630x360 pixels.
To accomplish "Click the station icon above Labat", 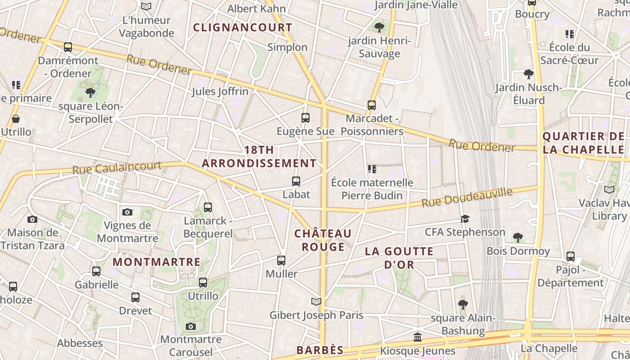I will click(x=296, y=181).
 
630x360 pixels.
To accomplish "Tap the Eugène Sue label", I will click(x=306, y=131).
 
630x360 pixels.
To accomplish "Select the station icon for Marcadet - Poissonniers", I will click(x=372, y=105).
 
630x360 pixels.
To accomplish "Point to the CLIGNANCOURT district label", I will click(x=243, y=27).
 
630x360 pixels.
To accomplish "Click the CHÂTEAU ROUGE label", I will click(x=323, y=240).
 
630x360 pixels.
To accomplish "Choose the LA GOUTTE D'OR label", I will click(x=399, y=258).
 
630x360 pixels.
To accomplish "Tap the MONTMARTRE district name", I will click(x=157, y=262).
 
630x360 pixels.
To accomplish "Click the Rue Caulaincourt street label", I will click(x=117, y=168).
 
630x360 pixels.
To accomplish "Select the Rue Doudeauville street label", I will click(x=467, y=198).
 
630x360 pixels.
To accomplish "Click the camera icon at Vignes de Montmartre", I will click(x=127, y=212).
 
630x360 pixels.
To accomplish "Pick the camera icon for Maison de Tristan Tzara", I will click(x=32, y=220).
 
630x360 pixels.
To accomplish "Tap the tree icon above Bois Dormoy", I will click(x=518, y=237).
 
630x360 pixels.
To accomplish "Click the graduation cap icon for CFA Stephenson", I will click(x=465, y=219).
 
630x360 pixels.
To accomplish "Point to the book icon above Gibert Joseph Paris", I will click(x=316, y=301).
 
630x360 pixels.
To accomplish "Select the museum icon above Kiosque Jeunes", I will click(x=418, y=337).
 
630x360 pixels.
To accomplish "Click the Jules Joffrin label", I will click(x=220, y=91).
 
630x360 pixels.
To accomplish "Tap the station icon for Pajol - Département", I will click(x=571, y=256).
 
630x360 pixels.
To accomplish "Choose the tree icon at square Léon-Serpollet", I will click(x=90, y=93).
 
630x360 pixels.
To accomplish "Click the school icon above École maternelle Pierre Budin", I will click(x=372, y=169).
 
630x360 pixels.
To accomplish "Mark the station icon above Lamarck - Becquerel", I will click(x=207, y=207).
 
